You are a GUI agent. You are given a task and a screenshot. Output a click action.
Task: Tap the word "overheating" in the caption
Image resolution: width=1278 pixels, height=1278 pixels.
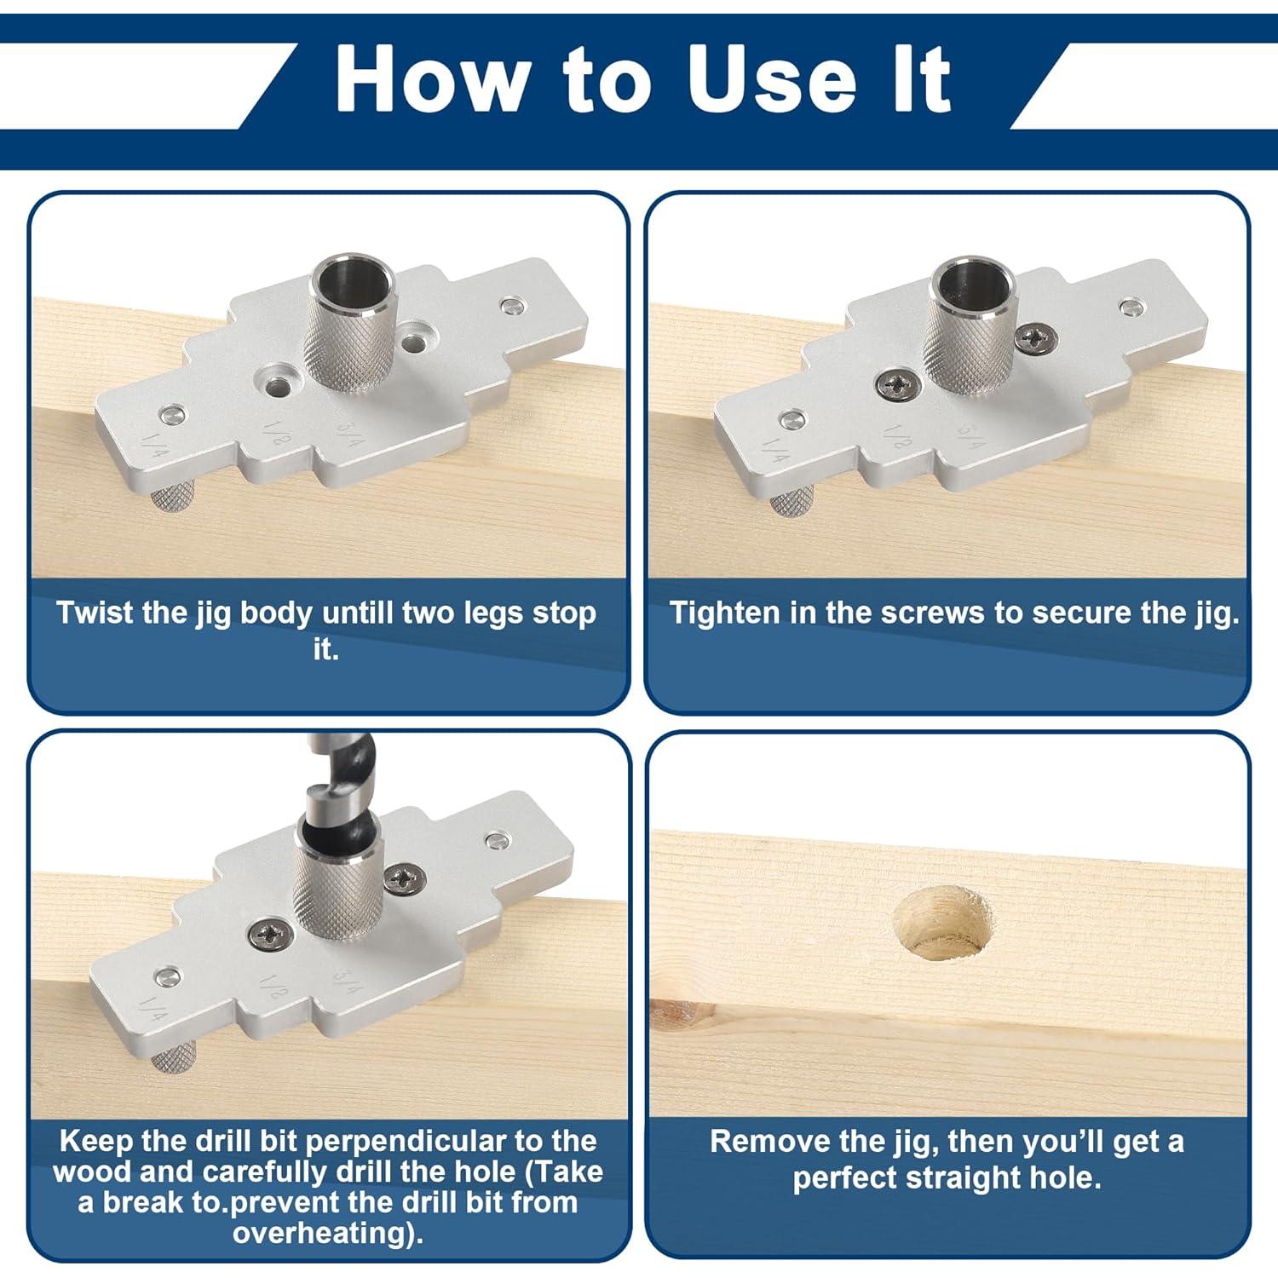click(x=322, y=1233)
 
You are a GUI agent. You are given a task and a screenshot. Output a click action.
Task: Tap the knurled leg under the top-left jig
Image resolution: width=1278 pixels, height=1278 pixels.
click(x=174, y=499)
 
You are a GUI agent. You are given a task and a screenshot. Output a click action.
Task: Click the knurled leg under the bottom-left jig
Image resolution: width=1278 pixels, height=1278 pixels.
click(x=174, y=1062)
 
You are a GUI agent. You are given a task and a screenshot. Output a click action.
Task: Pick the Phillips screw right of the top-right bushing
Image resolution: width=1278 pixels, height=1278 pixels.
click(x=1036, y=339)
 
